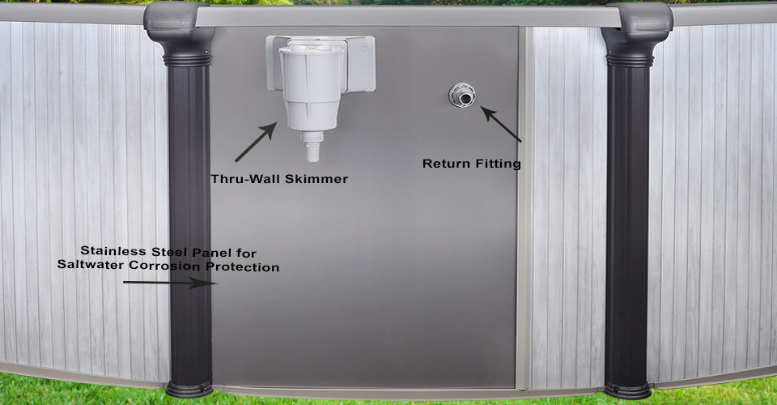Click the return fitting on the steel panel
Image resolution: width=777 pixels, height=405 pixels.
pyautogui.click(x=462, y=96)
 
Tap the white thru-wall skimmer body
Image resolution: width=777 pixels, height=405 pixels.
pyautogui.click(x=311, y=87)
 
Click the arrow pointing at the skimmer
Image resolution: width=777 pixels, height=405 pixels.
pyautogui.click(x=256, y=142)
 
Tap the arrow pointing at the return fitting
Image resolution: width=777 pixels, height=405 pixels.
pyautogui.click(x=500, y=124)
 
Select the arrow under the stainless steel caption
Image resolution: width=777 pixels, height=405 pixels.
pyautogui.click(x=169, y=283)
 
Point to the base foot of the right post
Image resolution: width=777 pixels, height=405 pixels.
pyautogui.click(x=627, y=390)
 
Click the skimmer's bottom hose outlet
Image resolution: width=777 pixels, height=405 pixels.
pyautogui.click(x=312, y=147)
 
